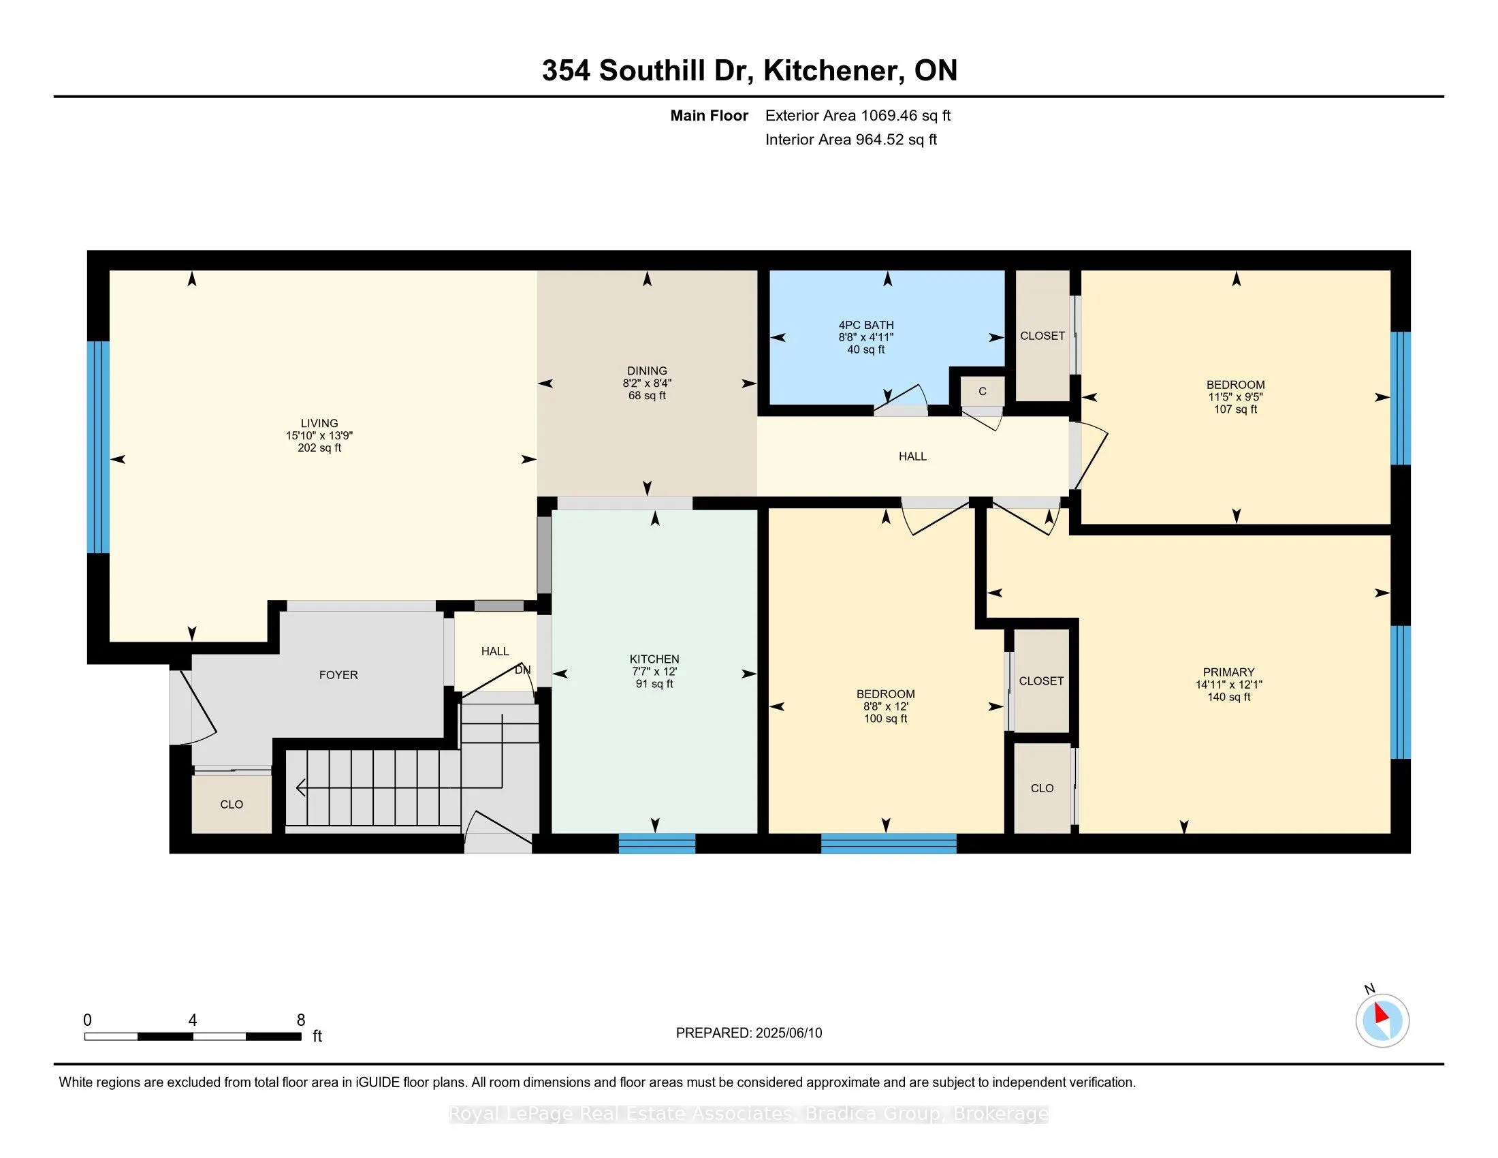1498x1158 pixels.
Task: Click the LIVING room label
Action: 319,423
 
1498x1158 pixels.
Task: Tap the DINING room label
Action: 647,371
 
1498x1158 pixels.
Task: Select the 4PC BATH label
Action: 866,325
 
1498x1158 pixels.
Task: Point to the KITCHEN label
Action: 654,659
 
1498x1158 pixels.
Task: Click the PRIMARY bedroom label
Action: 1228,672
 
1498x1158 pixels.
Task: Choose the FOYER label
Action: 339,675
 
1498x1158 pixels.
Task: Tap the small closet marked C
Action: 982,391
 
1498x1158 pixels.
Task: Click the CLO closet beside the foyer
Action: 232,804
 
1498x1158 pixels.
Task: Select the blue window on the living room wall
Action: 98,447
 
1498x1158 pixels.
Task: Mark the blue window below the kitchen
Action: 657,843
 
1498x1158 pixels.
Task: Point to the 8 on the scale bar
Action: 300,1020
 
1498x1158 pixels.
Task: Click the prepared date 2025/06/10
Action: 787,1033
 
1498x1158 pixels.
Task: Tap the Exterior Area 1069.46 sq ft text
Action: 858,115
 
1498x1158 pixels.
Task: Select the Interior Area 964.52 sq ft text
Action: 851,139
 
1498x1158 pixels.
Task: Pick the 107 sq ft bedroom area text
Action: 1235,409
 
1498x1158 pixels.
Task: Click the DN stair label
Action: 523,670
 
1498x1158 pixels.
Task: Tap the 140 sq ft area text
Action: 1228,697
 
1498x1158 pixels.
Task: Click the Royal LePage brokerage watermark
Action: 749,1114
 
